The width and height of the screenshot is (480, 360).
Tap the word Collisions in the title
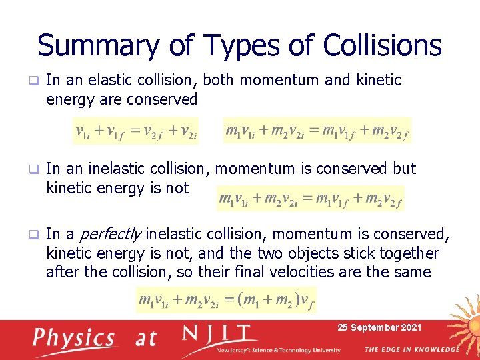[x=382, y=45]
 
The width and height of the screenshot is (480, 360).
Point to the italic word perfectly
[x=110, y=235]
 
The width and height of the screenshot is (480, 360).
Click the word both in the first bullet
[x=219, y=80]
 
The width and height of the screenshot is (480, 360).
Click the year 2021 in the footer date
[x=408, y=327]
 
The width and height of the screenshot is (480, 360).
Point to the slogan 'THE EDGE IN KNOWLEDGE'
[x=412, y=349]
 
